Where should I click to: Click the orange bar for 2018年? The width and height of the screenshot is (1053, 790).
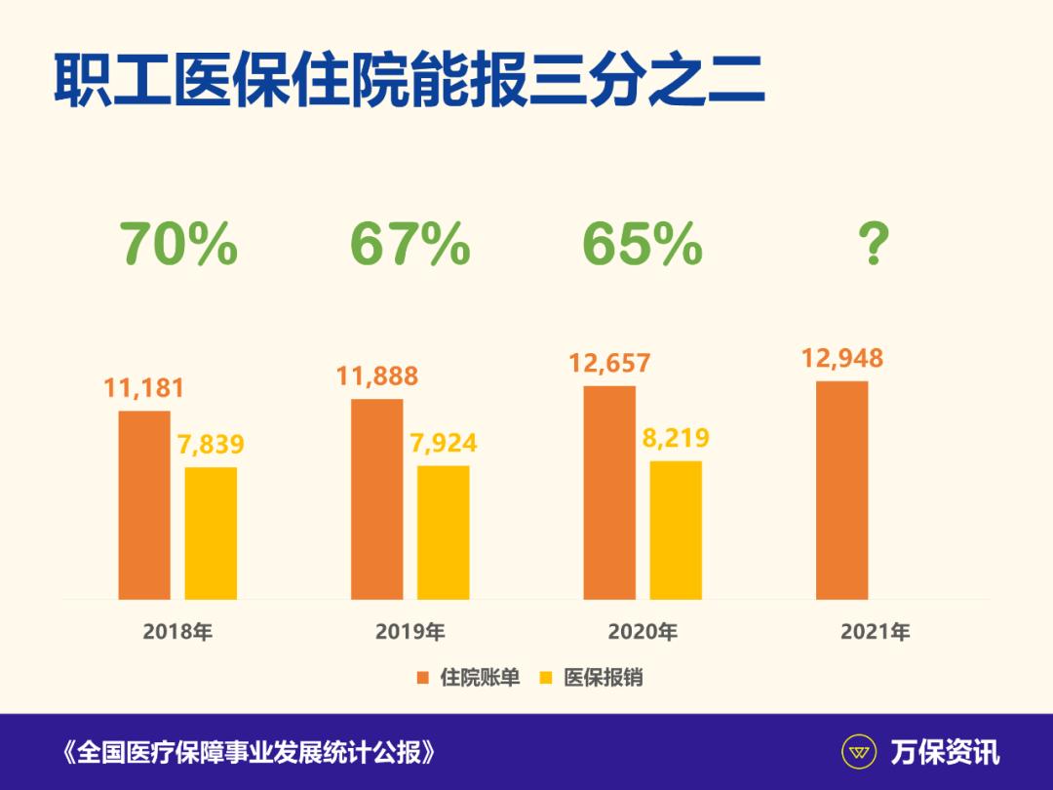[x=143, y=504]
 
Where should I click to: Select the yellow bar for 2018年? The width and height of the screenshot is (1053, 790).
[x=211, y=533]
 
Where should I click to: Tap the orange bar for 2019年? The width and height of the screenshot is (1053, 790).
[x=376, y=498]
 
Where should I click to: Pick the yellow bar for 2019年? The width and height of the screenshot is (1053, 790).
[x=443, y=532]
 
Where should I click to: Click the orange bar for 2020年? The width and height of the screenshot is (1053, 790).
[x=609, y=492]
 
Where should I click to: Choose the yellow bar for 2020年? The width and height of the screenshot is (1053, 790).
[x=676, y=530]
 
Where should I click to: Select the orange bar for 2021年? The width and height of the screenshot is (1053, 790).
[x=841, y=490]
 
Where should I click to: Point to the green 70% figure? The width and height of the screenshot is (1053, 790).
[x=178, y=245]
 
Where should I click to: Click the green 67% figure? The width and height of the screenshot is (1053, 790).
[x=409, y=245]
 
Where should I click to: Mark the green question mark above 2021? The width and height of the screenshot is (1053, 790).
[x=873, y=245]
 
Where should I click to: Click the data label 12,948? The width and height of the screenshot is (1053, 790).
[x=842, y=358]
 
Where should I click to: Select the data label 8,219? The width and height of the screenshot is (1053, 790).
[x=676, y=438]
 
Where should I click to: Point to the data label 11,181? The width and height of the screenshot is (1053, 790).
[x=144, y=388]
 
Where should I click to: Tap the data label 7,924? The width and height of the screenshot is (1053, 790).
[x=444, y=443]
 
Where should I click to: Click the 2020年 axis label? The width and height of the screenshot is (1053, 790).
[x=643, y=632]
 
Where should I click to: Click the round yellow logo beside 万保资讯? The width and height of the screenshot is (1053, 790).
[x=859, y=752]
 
